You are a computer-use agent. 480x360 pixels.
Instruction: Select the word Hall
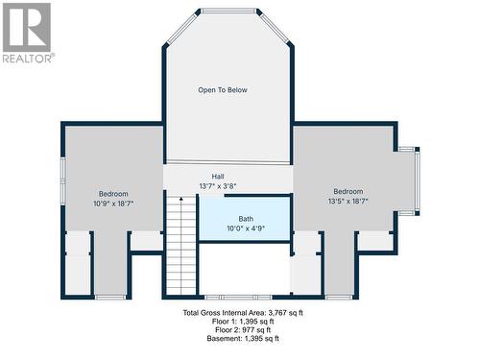218,176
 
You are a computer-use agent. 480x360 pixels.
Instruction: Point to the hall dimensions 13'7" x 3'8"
218,185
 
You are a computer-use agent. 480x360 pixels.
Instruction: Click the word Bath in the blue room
246,218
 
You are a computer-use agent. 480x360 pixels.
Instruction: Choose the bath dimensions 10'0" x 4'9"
246,228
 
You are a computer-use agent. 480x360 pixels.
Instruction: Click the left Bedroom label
112,194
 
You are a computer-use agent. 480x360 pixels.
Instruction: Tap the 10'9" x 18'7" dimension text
112,204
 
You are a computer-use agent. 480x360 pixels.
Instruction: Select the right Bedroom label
348,191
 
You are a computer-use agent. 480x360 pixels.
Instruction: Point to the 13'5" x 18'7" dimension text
348,201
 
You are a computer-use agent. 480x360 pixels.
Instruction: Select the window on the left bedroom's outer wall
62,182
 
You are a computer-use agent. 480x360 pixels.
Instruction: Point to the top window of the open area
228,12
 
